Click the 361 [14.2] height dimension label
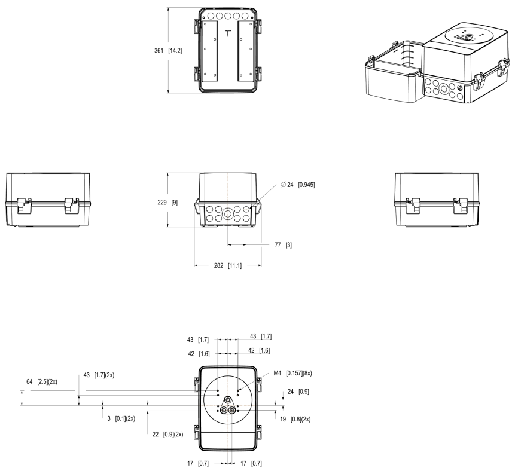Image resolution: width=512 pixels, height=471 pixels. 168,51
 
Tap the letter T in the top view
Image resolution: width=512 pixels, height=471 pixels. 227,33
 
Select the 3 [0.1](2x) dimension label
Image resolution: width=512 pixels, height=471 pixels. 118,418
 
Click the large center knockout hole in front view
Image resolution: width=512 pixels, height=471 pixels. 228,212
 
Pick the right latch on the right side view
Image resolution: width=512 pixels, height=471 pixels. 461,204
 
